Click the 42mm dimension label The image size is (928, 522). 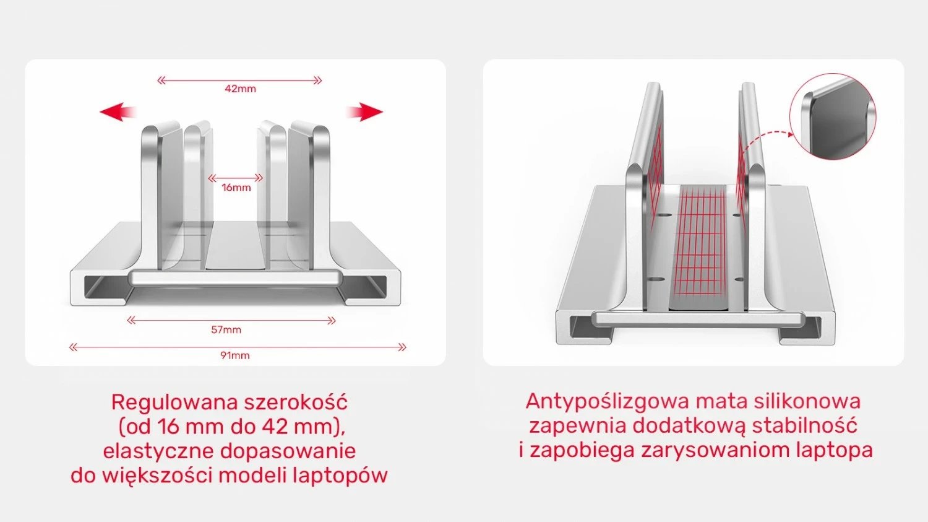point(240,89)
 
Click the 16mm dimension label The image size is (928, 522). point(236,187)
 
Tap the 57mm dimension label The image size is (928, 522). point(226,329)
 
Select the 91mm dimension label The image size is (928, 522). point(235,355)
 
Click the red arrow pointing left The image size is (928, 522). point(118,111)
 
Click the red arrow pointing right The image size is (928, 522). point(365,111)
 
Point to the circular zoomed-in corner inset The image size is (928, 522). point(833,116)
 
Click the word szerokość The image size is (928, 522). point(296,402)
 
